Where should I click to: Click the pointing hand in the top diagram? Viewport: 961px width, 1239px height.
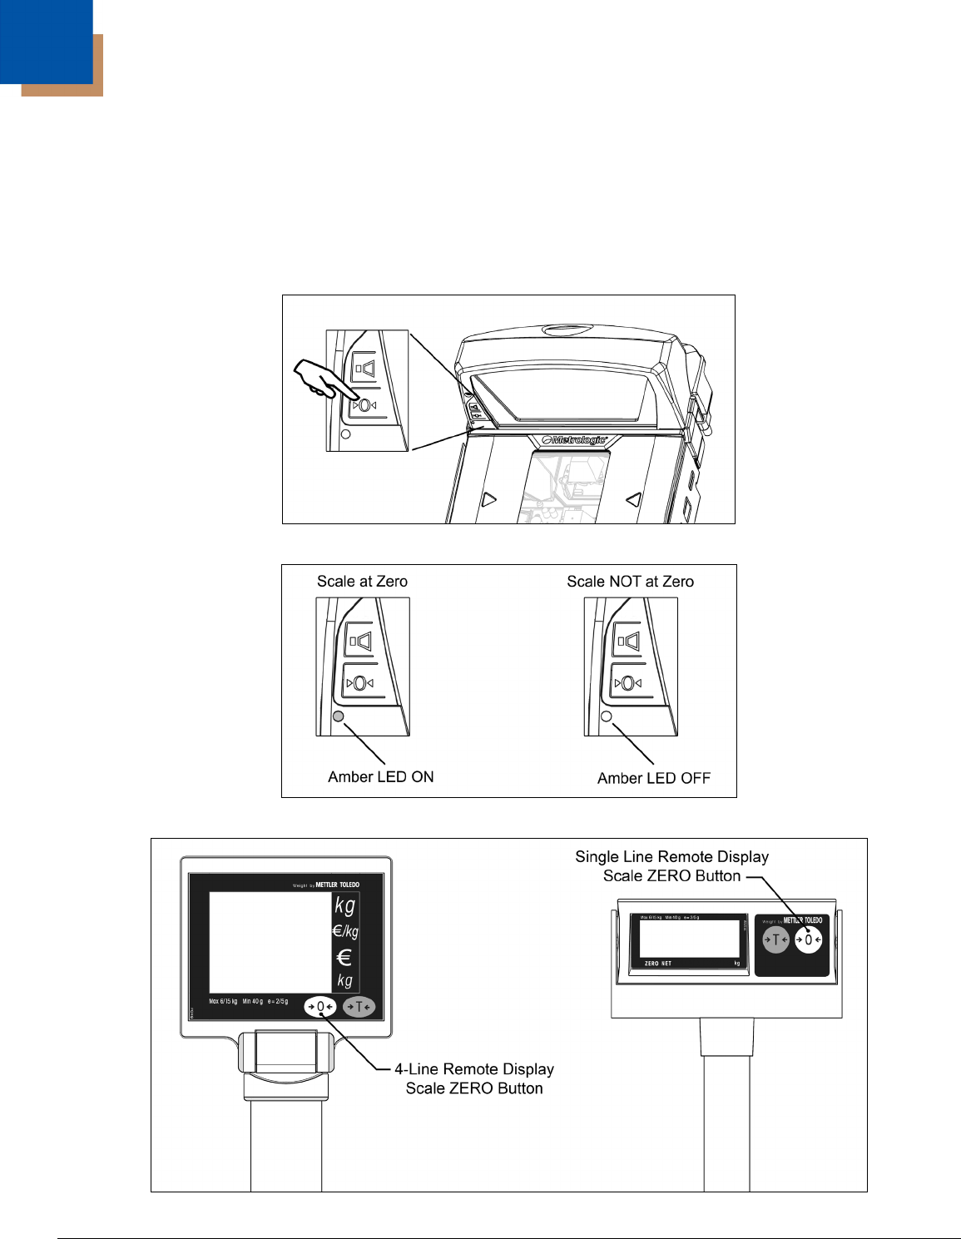click(x=320, y=379)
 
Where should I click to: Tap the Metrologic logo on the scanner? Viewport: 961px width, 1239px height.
click(x=575, y=439)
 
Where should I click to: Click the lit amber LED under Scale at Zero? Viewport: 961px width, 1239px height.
click(x=338, y=716)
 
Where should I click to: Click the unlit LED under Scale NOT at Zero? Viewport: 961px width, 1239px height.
click(x=607, y=716)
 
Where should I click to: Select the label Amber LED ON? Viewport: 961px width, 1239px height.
click(x=381, y=776)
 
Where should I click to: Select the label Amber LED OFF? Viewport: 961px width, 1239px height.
click(x=654, y=778)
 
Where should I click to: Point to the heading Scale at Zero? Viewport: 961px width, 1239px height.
click(x=362, y=582)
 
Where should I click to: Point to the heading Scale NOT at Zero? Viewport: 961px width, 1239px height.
click(x=630, y=582)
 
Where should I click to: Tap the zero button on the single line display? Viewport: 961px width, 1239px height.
click(x=808, y=939)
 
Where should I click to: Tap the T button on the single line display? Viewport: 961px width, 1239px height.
click(x=775, y=939)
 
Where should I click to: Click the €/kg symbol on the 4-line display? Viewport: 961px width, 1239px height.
click(x=345, y=931)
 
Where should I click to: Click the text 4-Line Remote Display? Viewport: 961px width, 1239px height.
click(x=474, y=1069)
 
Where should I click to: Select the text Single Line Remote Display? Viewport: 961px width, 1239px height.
click(x=671, y=857)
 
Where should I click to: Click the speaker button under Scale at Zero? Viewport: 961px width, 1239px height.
click(x=360, y=642)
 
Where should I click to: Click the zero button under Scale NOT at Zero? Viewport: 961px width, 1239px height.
click(x=628, y=683)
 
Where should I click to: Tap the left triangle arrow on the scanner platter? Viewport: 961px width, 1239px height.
click(x=489, y=499)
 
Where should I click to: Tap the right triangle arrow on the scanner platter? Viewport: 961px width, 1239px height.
click(x=634, y=499)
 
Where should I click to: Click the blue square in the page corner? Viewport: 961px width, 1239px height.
click(x=46, y=42)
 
